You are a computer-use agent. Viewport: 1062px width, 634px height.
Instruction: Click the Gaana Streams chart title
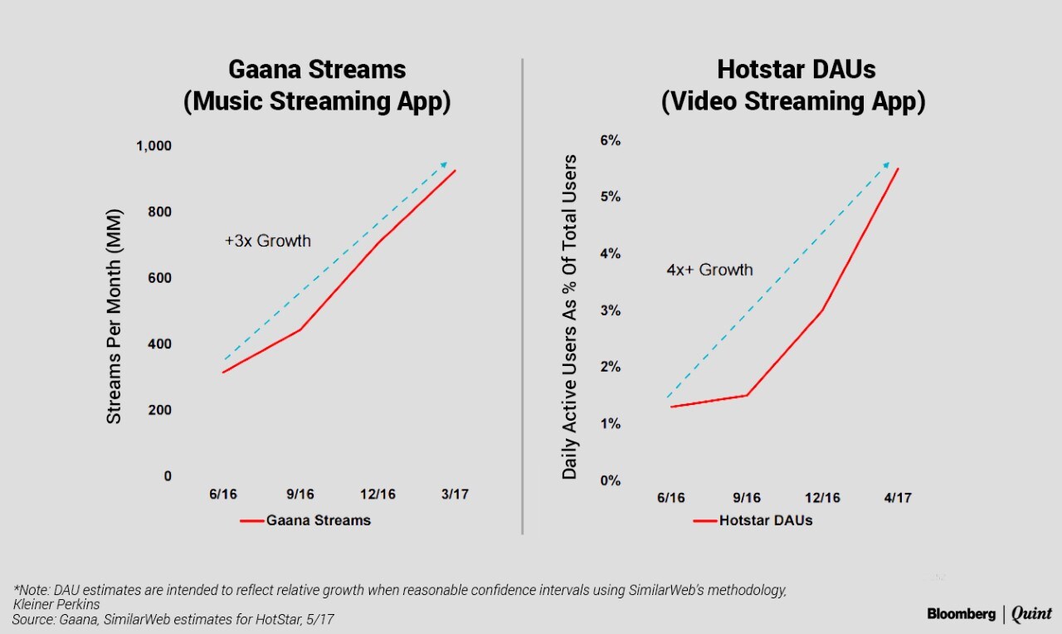click(317, 85)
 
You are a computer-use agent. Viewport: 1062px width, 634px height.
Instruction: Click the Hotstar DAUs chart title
click(793, 85)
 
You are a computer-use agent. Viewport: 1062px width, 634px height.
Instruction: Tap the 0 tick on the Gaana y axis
click(168, 476)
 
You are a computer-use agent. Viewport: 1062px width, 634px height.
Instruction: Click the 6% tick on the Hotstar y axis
click(610, 140)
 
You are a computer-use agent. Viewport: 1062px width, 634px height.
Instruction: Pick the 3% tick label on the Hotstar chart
click(610, 311)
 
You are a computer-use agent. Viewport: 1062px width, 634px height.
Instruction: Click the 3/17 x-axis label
click(454, 495)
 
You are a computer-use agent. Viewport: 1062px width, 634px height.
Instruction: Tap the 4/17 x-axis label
click(897, 498)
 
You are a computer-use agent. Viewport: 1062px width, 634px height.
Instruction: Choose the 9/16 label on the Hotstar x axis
click(746, 498)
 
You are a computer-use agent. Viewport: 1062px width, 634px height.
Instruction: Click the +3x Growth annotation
click(267, 241)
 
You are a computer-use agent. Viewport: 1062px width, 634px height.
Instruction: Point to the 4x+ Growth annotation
click(709, 270)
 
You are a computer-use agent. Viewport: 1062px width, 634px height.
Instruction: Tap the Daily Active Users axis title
click(569, 316)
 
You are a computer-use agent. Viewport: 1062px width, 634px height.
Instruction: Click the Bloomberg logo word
click(961, 614)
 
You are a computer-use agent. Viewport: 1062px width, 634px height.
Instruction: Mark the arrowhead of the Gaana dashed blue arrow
click(445, 164)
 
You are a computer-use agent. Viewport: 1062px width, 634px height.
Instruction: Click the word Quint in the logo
click(1031, 615)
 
